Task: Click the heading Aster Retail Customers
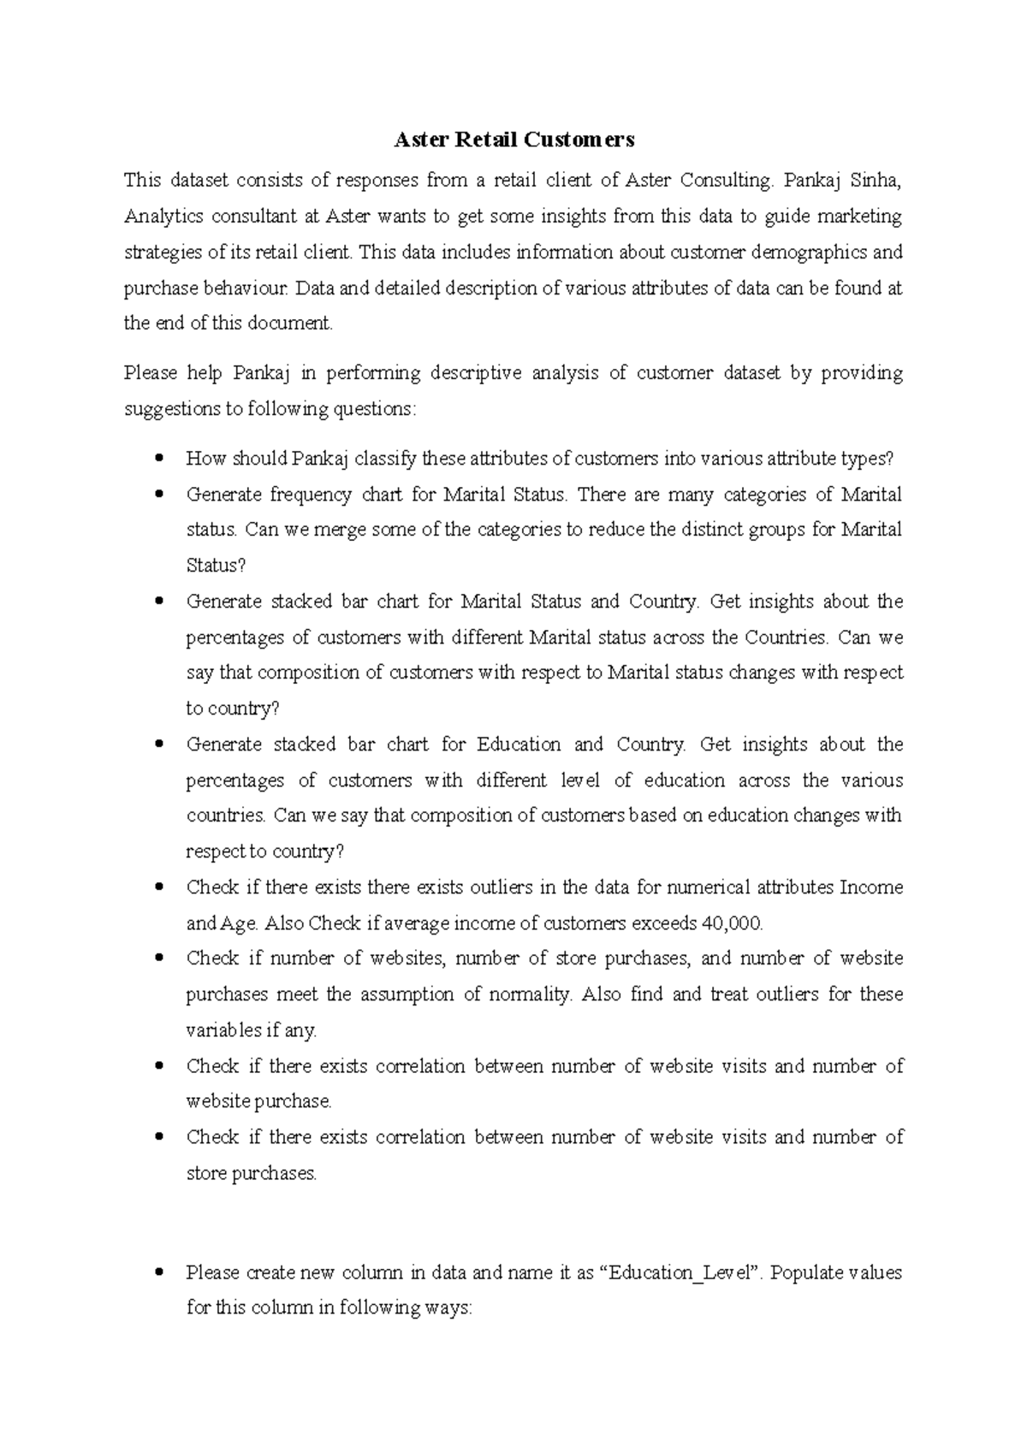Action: (x=513, y=139)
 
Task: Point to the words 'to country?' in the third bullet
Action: (x=233, y=709)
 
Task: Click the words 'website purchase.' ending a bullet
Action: (x=258, y=1102)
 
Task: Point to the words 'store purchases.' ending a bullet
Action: (x=252, y=1174)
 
